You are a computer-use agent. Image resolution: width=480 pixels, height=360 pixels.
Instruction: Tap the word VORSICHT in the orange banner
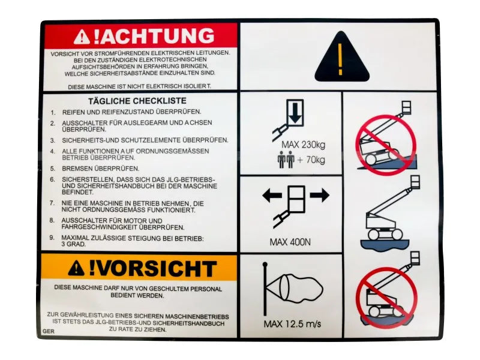click(x=153, y=269)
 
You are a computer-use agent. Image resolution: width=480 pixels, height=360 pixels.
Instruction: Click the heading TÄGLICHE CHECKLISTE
click(x=137, y=101)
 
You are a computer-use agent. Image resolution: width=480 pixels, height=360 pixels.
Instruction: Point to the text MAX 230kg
click(x=304, y=145)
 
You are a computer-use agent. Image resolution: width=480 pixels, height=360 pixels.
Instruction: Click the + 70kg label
click(x=311, y=160)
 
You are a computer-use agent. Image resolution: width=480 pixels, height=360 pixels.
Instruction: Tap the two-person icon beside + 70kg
click(x=286, y=160)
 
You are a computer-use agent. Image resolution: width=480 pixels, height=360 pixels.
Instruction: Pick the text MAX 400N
click(x=290, y=242)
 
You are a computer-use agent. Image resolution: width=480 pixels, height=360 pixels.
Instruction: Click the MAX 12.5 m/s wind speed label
click(x=292, y=323)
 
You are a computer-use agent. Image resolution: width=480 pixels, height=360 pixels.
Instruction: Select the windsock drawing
click(x=292, y=289)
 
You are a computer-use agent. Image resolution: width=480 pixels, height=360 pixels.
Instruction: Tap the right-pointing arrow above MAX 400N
click(x=320, y=196)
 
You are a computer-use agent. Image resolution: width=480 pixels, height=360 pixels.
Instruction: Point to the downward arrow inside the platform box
click(x=295, y=113)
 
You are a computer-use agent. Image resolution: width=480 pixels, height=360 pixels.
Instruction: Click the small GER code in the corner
click(x=49, y=331)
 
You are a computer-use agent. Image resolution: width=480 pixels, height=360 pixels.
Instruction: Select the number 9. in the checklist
click(x=52, y=238)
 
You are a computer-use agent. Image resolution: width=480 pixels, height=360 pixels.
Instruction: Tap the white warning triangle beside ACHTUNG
click(x=82, y=37)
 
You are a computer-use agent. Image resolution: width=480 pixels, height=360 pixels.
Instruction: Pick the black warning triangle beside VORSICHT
click(x=76, y=268)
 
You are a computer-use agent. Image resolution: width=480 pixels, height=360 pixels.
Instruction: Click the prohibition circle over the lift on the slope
click(x=386, y=145)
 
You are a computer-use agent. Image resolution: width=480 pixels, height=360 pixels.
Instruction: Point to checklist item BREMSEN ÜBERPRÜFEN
click(x=100, y=169)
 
